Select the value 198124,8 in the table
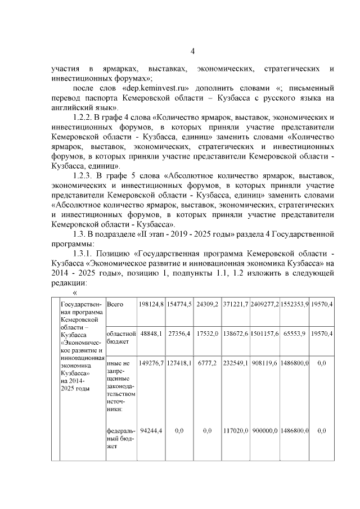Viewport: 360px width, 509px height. click(151, 304)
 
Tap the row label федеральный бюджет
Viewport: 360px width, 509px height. click(119, 439)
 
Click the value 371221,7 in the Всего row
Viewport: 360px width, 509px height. click(235, 304)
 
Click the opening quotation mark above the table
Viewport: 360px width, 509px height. click(75, 292)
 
